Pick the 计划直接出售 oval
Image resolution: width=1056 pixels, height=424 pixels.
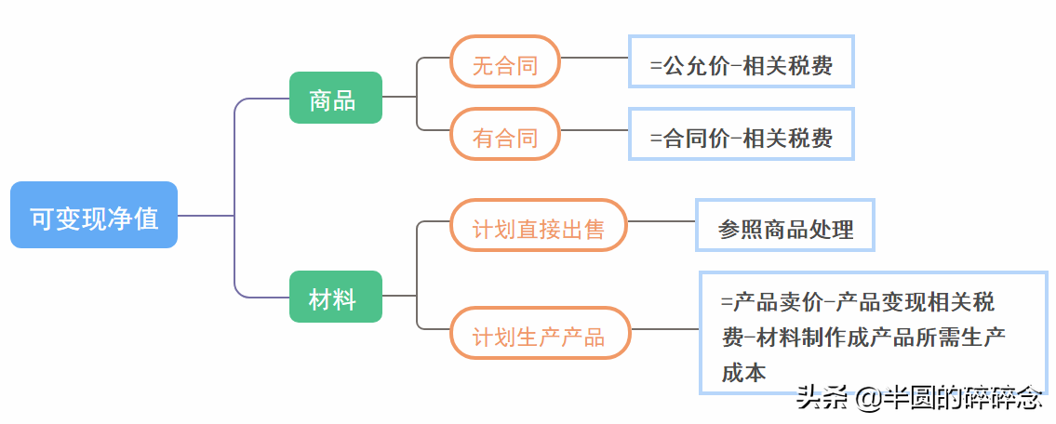click(539, 225)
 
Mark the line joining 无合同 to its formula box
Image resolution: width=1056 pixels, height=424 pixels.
click(595, 58)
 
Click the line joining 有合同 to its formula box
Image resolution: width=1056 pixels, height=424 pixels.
click(595, 130)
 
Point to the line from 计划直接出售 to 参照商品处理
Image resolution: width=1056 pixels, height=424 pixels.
click(662, 222)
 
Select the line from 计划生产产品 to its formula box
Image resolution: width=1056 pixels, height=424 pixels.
click(665, 329)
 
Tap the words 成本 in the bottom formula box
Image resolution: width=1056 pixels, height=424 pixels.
click(744, 373)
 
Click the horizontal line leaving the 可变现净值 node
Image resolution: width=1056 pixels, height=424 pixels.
click(205, 216)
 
